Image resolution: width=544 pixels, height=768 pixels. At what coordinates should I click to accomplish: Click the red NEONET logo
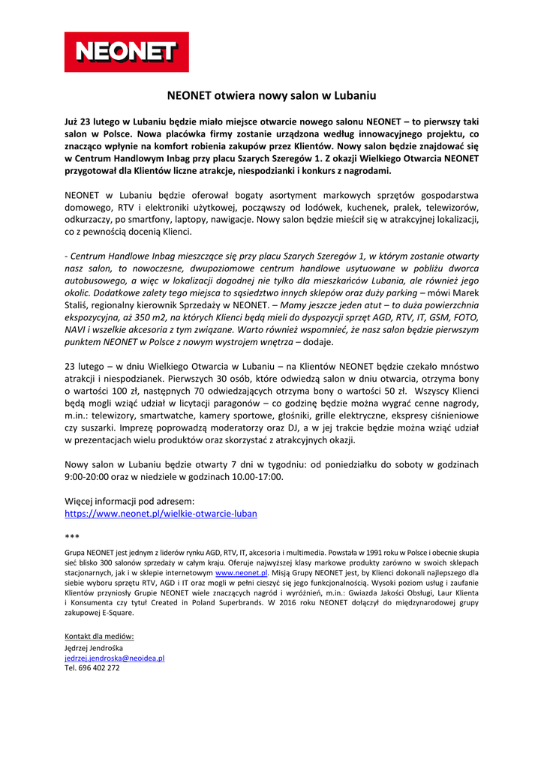(x=126, y=52)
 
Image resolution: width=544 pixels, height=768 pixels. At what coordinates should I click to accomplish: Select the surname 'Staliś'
(x=82, y=306)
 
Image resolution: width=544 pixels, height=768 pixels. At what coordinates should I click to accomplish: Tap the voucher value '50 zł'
(x=392, y=391)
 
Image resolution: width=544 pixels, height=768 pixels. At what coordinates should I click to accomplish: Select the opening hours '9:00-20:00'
(x=89, y=476)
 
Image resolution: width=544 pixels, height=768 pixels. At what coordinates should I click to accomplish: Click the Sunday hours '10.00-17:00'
(x=257, y=476)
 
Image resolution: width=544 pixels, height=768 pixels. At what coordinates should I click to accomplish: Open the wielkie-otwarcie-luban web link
(x=161, y=514)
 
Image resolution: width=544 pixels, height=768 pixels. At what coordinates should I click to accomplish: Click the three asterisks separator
(x=71, y=537)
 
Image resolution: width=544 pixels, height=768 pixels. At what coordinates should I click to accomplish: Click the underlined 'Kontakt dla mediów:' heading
(x=99, y=637)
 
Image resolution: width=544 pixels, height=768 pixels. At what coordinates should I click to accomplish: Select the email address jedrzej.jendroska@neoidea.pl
(x=114, y=657)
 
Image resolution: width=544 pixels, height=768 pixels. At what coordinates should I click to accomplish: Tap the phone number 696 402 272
(x=92, y=667)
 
